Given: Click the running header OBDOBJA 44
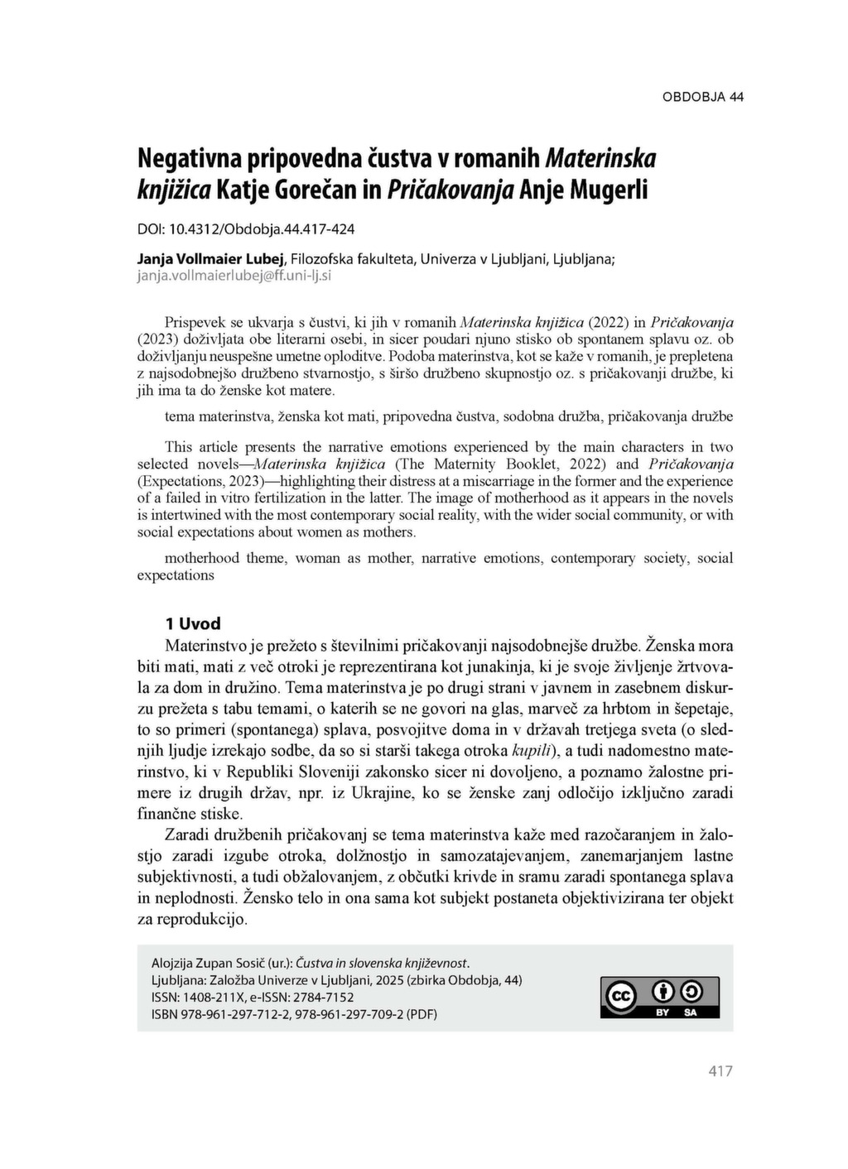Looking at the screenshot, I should (x=702, y=97).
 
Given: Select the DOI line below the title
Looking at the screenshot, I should (x=245, y=228).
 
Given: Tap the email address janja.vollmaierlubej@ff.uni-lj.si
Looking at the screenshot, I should (x=234, y=275).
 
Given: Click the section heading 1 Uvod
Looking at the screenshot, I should (x=193, y=623).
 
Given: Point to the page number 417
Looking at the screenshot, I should (x=720, y=1071).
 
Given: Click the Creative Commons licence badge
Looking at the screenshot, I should (x=659, y=997).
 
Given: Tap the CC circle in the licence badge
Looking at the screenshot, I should (x=621, y=995).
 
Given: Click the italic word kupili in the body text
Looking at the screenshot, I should (x=533, y=751).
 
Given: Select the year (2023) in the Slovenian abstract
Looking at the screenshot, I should (x=157, y=339).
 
